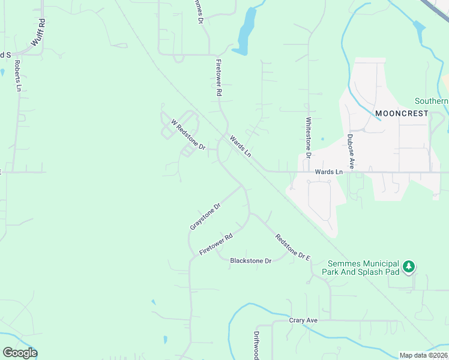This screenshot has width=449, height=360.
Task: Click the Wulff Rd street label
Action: pos(38,34)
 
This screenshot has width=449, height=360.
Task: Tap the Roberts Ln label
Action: pos(18,75)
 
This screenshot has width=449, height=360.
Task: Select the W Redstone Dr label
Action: pos(188,134)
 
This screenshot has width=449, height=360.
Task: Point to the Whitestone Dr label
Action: pos(309,137)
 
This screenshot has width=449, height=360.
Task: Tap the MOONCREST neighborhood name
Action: pos(402,113)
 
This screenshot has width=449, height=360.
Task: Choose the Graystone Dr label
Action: pos(205,216)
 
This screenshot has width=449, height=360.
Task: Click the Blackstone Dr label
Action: pos(251,260)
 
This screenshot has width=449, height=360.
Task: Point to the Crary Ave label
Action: pos(303,320)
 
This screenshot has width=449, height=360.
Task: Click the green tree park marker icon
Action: pos(409,266)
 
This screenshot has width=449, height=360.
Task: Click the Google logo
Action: pos(20,353)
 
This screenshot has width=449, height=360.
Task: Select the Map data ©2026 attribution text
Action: pos(423,355)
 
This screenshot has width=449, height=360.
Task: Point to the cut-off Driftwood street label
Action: pos(255,345)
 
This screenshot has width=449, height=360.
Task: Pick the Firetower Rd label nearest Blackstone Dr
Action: pos(215,245)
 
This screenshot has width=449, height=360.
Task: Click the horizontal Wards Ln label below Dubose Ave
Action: pos(328,172)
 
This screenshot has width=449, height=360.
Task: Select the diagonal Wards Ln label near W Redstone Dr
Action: pos(240,146)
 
